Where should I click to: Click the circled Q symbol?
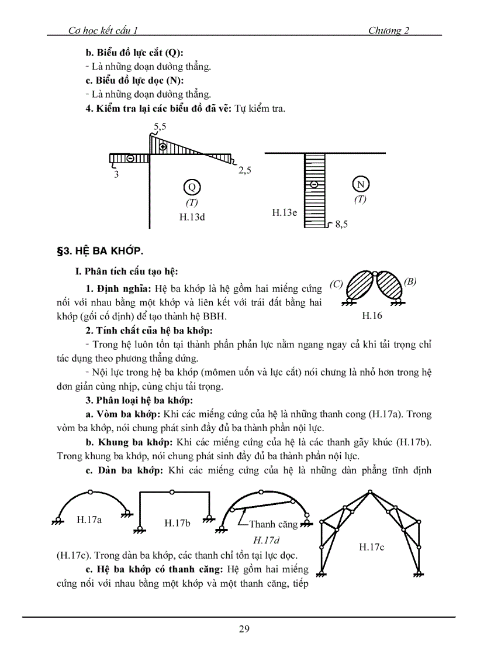tap(191, 187)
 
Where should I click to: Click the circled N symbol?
tap(361, 184)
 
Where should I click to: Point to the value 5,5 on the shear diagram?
tap(160, 126)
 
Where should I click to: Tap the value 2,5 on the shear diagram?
tap(245, 171)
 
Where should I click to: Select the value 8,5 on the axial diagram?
tap(341, 224)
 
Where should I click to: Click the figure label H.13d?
tap(192, 216)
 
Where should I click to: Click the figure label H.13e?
tap(285, 213)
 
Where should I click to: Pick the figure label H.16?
tap(372, 316)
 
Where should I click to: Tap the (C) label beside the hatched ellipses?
tap(336, 284)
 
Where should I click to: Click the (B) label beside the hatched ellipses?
tap(410, 281)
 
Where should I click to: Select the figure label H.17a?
tap(89, 518)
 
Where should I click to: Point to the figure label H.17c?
tap(372, 546)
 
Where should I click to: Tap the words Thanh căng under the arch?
tap(273, 524)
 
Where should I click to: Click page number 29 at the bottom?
tap(244, 629)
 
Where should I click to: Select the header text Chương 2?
tap(388, 31)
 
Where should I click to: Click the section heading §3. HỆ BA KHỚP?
tap(99, 252)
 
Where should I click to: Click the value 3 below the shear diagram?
tap(116, 174)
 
